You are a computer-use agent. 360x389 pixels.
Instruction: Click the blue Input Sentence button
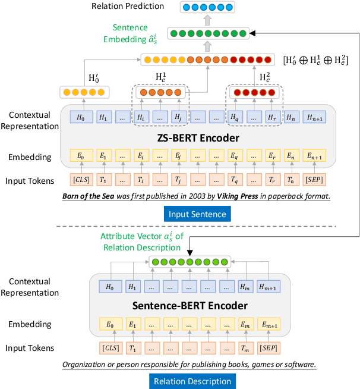pyautogui.click(x=197, y=214)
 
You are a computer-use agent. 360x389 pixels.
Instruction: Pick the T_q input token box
pyautogui.click(x=236, y=178)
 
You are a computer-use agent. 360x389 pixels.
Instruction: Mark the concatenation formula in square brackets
pyautogui.click(x=316, y=59)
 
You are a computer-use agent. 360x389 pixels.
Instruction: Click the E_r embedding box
pyautogui.click(x=273, y=156)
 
